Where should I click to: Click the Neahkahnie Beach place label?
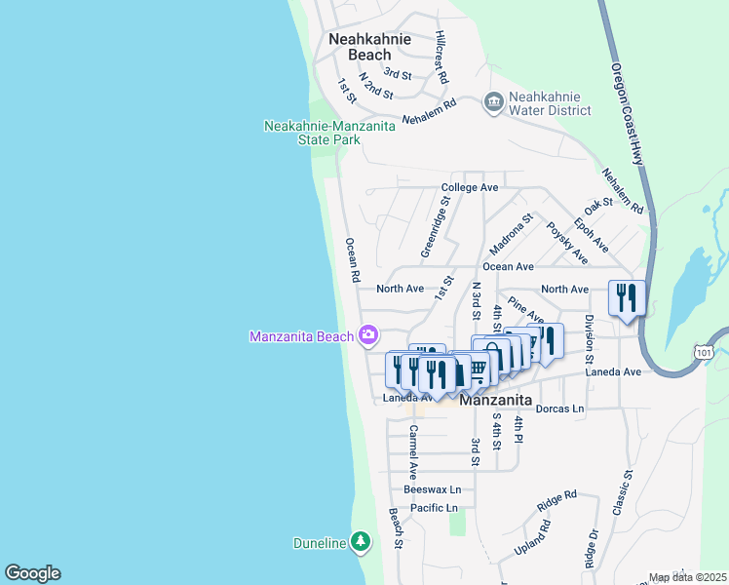coord(369,47)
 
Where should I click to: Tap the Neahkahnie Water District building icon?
coord(493,102)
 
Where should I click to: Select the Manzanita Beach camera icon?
coord(368,336)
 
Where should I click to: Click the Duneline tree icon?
coord(361,541)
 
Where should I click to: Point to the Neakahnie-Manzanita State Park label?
coord(312,133)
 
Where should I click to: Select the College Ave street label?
coord(470,187)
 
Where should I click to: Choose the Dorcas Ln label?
coord(559,408)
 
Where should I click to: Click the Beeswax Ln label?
coord(432,489)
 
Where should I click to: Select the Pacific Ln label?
coord(434,508)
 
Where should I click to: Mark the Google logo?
coord(32,573)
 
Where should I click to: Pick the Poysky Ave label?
coord(566,242)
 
